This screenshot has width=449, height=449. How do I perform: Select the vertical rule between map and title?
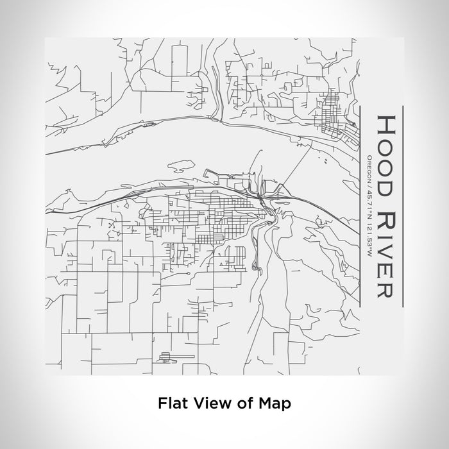click(362, 205)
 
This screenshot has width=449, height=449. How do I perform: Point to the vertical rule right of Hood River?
click(402, 205)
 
